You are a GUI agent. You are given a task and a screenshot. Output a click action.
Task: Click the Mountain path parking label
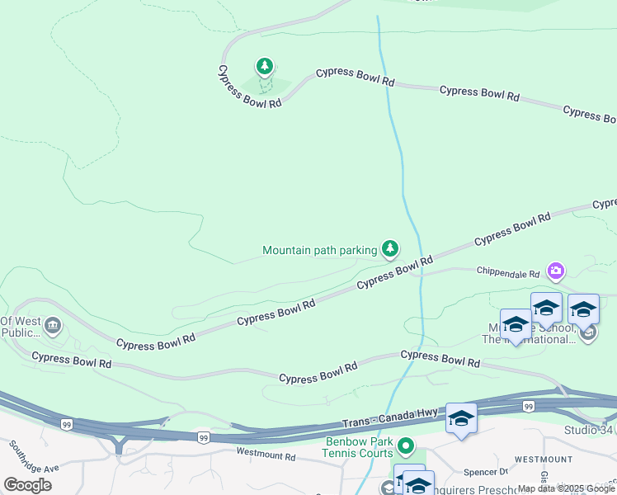319,250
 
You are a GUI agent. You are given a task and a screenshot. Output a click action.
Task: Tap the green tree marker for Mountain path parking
390,248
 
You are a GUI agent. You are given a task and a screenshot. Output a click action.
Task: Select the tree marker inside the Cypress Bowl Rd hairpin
264,66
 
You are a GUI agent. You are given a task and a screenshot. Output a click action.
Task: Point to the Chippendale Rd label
508,272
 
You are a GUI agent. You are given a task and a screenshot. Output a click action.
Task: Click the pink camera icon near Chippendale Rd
556,271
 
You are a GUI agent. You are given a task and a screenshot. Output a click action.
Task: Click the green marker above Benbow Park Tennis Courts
406,447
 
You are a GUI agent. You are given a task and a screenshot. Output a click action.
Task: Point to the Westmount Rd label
265,455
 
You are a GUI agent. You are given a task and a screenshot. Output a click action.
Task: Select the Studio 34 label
589,430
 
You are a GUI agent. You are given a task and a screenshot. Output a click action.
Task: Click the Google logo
27,484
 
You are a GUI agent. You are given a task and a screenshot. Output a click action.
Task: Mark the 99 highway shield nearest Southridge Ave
65,422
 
